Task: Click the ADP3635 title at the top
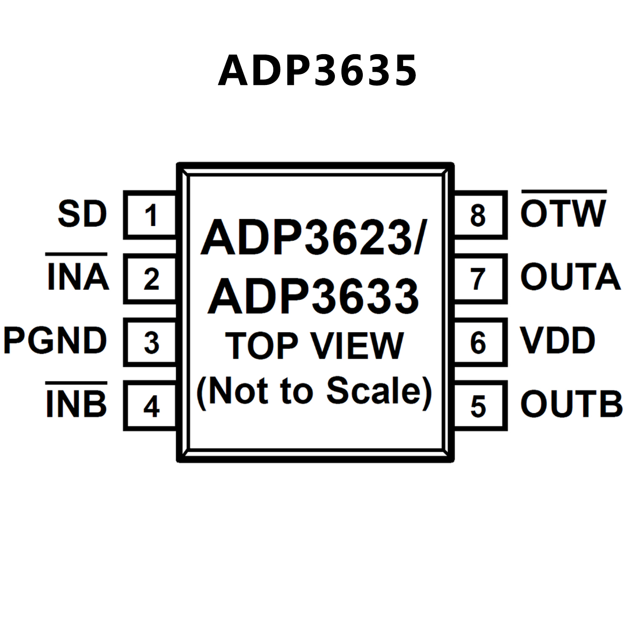317,71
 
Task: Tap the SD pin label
82,214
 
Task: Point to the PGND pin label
55,341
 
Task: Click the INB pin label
77,404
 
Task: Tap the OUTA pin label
570,277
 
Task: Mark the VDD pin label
557,341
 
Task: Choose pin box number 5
478,406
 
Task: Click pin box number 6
478,343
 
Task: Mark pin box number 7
478,279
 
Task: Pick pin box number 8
478,215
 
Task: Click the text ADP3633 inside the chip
314,296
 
